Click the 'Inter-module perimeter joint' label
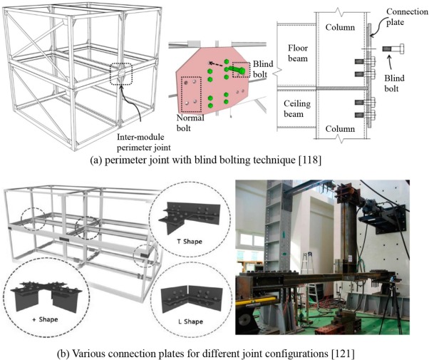[144, 142]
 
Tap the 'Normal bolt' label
[190, 123]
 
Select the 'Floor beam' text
[298, 53]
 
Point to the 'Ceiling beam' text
[297, 108]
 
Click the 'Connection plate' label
[407, 16]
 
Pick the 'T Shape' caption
[190, 242]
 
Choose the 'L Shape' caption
[190, 322]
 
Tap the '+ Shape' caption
[45, 319]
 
